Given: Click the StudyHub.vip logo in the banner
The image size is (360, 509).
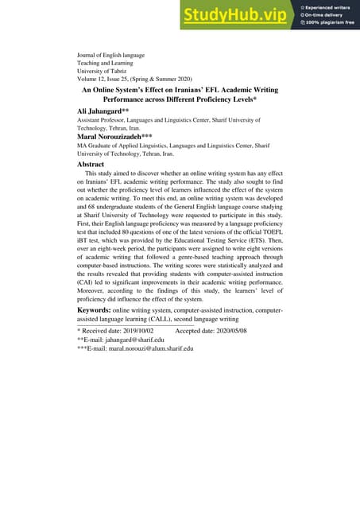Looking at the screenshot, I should (x=236, y=14).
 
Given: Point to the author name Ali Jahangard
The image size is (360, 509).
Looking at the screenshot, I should (x=99, y=111).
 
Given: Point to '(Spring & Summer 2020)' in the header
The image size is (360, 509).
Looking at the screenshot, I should (x=180, y=80).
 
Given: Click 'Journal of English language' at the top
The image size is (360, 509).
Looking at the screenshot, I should (x=111, y=55).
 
